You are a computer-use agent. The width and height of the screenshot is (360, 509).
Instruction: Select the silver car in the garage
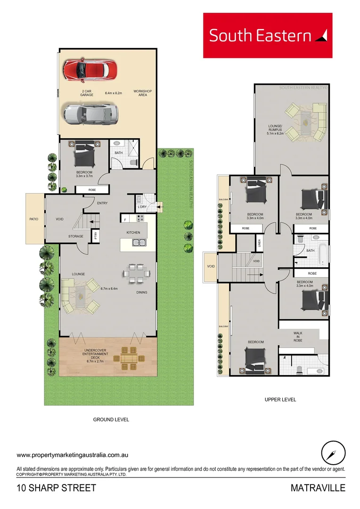point(90,114)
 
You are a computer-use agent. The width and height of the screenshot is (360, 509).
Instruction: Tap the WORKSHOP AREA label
point(143,93)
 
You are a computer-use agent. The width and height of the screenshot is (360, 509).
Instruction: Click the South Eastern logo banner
point(267,35)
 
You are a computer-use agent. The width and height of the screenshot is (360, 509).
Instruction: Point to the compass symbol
point(334,453)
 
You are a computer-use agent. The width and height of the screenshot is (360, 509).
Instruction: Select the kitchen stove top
point(140,218)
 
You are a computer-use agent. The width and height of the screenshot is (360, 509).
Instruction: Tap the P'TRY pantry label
point(96,234)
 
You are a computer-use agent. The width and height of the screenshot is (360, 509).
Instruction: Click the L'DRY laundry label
point(142,207)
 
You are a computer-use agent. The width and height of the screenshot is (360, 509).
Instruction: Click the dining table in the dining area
point(136,273)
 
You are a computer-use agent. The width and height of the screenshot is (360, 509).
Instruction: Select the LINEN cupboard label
point(259,243)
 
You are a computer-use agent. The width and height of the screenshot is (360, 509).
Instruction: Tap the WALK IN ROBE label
point(297,337)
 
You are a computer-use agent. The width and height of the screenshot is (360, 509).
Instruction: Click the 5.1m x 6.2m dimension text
point(276,133)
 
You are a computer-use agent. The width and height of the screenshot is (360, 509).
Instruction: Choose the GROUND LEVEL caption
point(111,419)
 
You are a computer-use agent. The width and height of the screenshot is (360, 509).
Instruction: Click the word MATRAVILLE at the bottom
point(318,488)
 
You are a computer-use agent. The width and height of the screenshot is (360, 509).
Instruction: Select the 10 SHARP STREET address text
point(56,488)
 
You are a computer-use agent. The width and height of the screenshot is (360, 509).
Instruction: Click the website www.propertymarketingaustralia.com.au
point(73,455)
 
